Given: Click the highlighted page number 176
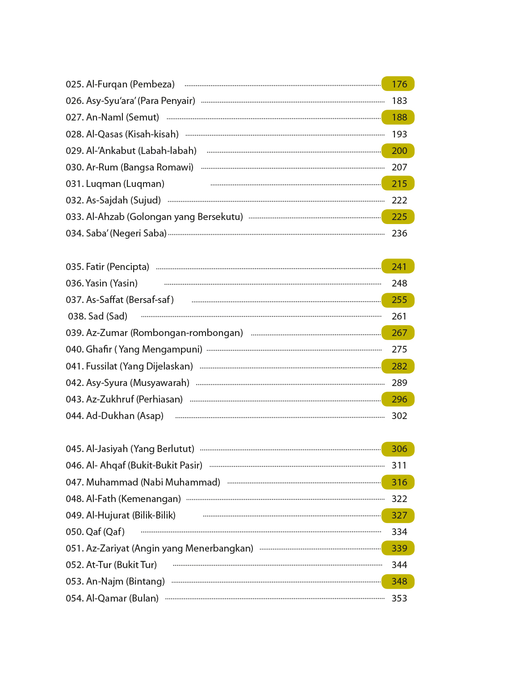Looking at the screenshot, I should [x=399, y=84].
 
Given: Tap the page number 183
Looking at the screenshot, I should [x=399, y=101].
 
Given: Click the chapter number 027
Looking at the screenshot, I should [x=74, y=117].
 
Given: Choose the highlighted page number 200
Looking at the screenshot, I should [x=399, y=151].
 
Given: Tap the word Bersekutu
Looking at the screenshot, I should [x=220, y=217].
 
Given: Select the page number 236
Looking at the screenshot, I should [x=399, y=233].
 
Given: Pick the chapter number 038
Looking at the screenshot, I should [x=76, y=316].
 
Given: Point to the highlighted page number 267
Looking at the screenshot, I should [x=399, y=333].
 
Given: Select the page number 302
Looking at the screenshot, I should [x=399, y=416].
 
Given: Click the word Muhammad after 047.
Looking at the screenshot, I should [x=112, y=482].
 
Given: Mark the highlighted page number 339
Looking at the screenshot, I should [x=399, y=548].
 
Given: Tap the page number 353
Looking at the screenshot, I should [x=399, y=598].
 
